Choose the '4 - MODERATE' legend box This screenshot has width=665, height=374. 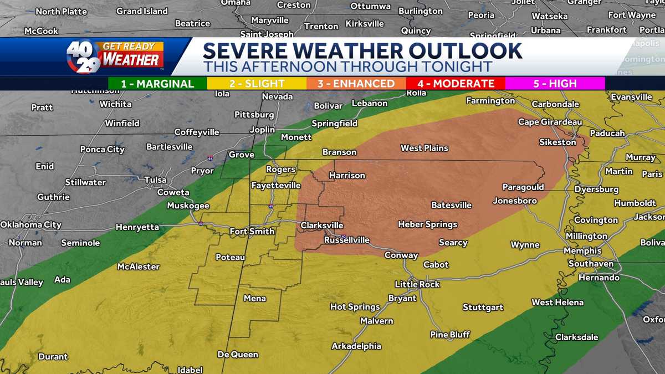coord(456,84)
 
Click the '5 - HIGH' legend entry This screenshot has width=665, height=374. coord(555,84)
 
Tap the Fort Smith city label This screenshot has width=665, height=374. coord(252,232)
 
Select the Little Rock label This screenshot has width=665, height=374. coord(417,284)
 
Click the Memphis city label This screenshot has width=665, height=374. coord(582,250)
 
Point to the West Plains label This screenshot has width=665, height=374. coord(424,148)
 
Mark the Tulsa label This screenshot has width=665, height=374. coord(155,180)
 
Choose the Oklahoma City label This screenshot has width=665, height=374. coord(30,224)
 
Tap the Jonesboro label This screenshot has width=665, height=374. coord(515,201)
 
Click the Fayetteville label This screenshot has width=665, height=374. coord(276,186)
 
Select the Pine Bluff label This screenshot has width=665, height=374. coord(450,335)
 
